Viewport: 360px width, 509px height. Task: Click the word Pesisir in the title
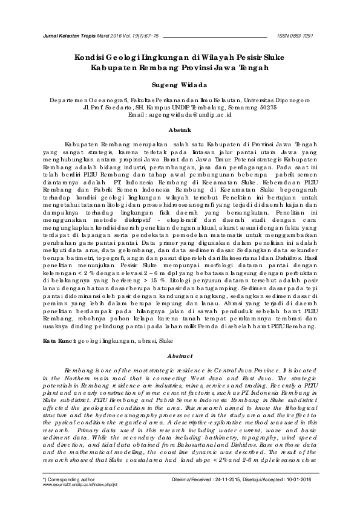click(x=244, y=57)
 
